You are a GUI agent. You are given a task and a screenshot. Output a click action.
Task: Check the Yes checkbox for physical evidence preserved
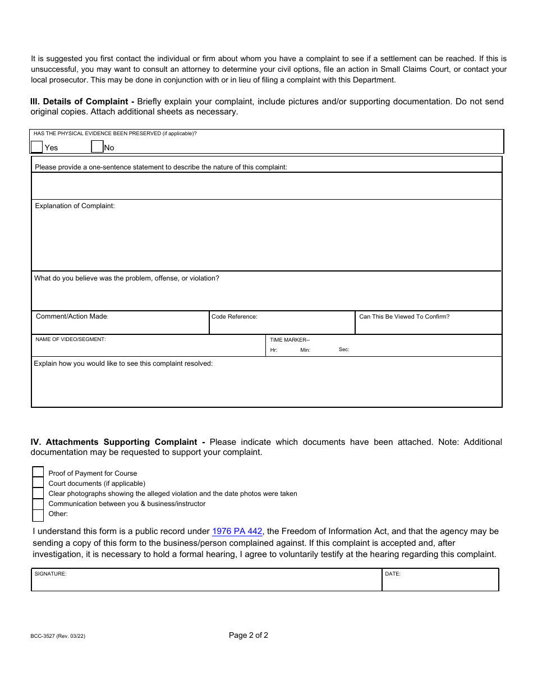(36, 147)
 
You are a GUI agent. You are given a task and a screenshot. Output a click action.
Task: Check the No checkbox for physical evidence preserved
(97, 147)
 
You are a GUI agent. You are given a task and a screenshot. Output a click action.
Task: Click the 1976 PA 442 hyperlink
(237, 531)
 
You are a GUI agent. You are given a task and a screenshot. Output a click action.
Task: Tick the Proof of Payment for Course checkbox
(38, 473)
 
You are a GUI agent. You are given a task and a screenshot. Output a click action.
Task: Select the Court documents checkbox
(38, 483)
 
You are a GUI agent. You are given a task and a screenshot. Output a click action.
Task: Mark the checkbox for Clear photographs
(38, 493)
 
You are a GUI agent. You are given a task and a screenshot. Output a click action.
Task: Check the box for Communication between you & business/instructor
(38, 504)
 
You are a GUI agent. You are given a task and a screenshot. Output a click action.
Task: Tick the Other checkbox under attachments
(38, 514)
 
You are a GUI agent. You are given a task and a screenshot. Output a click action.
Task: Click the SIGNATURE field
(206, 582)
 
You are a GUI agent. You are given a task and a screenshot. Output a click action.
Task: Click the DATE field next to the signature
(440, 582)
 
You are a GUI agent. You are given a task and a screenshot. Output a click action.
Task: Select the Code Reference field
(282, 325)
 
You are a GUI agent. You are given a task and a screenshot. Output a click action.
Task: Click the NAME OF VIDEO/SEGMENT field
(148, 348)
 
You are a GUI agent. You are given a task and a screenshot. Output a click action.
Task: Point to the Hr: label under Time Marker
(274, 350)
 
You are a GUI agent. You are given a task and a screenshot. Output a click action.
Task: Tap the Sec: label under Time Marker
(344, 349)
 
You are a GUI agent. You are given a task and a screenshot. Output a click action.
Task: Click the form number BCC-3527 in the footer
(58, 637)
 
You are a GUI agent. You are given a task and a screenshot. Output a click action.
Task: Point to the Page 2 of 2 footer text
(249, 636)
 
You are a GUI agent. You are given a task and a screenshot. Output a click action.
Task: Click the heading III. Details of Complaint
(82, 102)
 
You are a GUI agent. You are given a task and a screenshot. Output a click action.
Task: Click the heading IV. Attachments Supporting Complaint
(118, 442)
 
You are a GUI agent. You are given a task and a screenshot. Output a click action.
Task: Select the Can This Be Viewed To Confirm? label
(404, 317)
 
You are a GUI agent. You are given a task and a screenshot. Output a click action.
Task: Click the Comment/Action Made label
(72, 317)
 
